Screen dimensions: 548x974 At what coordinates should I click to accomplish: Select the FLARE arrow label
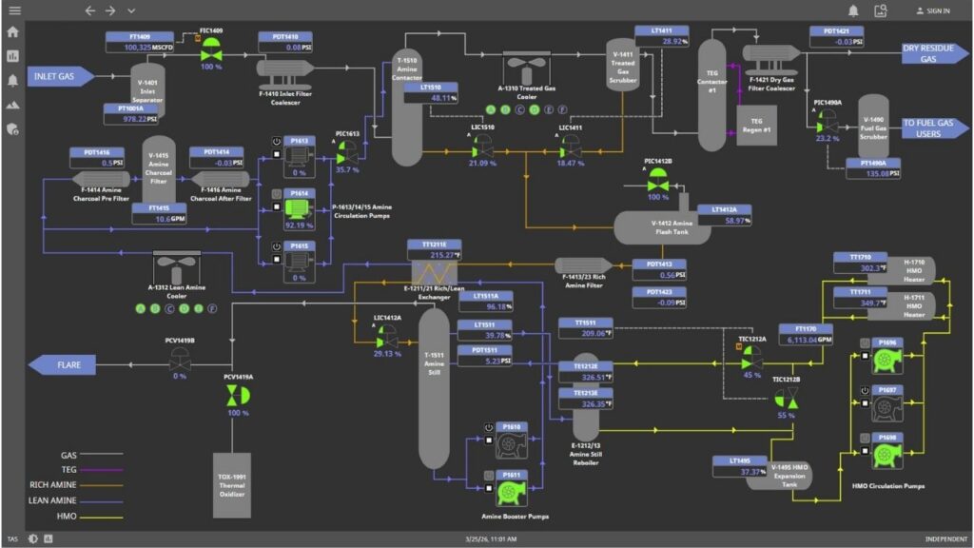point(68,364)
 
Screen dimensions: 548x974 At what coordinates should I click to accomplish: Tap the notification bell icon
point(853,10)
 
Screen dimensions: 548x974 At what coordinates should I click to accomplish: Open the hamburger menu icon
point(13,10)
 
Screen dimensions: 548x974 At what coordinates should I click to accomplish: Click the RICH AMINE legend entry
point(56,484)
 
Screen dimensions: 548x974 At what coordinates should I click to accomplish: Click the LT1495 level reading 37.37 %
point(739,472)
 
